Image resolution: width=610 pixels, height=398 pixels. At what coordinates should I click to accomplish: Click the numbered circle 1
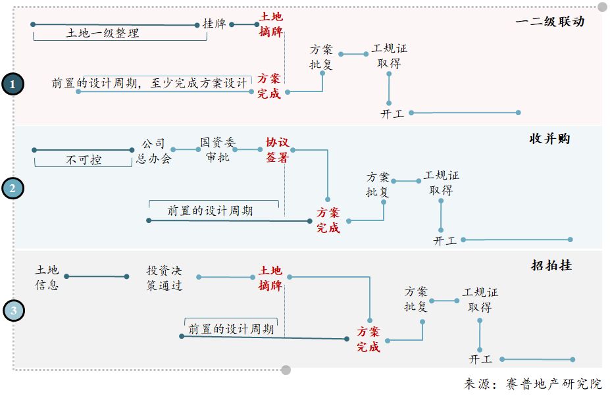pos(13,84)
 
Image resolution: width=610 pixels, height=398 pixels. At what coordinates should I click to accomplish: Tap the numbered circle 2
pos(13,189)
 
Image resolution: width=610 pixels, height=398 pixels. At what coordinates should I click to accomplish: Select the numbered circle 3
pos(13,310)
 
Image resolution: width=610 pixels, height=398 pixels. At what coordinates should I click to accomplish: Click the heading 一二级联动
pos(549,21)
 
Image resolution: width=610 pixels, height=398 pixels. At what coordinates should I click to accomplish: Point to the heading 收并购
pos(549,139)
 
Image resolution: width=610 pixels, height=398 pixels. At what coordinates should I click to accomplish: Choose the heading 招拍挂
pos(551,265)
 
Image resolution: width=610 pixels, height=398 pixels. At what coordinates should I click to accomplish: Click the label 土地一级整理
pos(103,33)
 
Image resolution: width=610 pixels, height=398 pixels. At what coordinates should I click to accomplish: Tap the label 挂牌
pos(214,24)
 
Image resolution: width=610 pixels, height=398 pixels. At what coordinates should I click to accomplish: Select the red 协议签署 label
pos(277,150)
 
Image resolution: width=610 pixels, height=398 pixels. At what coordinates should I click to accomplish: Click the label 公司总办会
pos(153,151)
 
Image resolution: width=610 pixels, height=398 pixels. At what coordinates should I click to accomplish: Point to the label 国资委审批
pos(218,150)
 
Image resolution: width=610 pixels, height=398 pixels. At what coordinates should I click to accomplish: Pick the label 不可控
pos(84,159)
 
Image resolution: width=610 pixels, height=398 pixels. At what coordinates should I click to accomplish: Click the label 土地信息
pos(47,278)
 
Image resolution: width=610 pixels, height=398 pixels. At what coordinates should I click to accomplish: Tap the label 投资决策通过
pos(165,278)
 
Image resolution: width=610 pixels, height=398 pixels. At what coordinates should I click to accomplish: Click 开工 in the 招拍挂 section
pos(481,360)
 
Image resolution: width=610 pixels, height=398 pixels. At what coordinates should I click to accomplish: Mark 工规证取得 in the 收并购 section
pos(441,183)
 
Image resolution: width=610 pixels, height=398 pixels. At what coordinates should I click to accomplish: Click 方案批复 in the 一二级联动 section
pos(322,57)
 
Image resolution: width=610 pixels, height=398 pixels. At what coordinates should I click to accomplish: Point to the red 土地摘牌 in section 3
pos(270,278)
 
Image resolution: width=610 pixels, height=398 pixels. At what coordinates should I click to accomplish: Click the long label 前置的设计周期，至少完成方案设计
pos(150,84)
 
